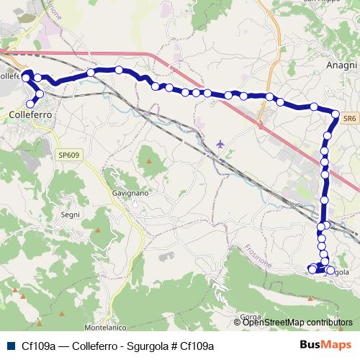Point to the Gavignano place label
click(130, 194)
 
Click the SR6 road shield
click(349, 117)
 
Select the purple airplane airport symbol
click(220, 143)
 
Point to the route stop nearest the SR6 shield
click(335, 113)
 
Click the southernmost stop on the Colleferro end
click(30, 104)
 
